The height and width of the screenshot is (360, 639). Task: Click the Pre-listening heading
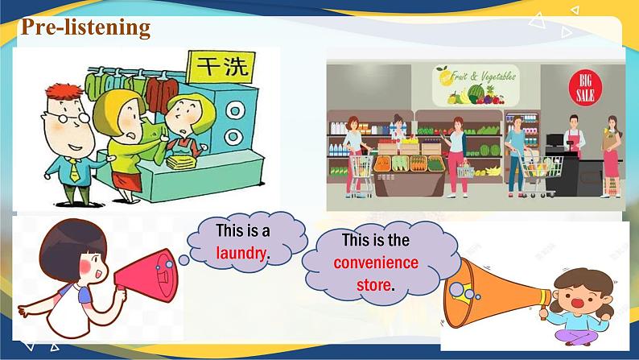[85, 27]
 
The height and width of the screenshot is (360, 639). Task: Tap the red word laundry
[241, 252]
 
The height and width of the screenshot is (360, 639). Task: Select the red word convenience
[376, 263]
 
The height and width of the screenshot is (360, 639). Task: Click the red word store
[374, 284]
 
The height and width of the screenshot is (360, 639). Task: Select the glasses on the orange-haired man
[68, 116]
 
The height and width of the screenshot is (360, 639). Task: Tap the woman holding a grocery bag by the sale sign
[612, 149]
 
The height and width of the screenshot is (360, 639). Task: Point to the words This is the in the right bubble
[375, 240]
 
